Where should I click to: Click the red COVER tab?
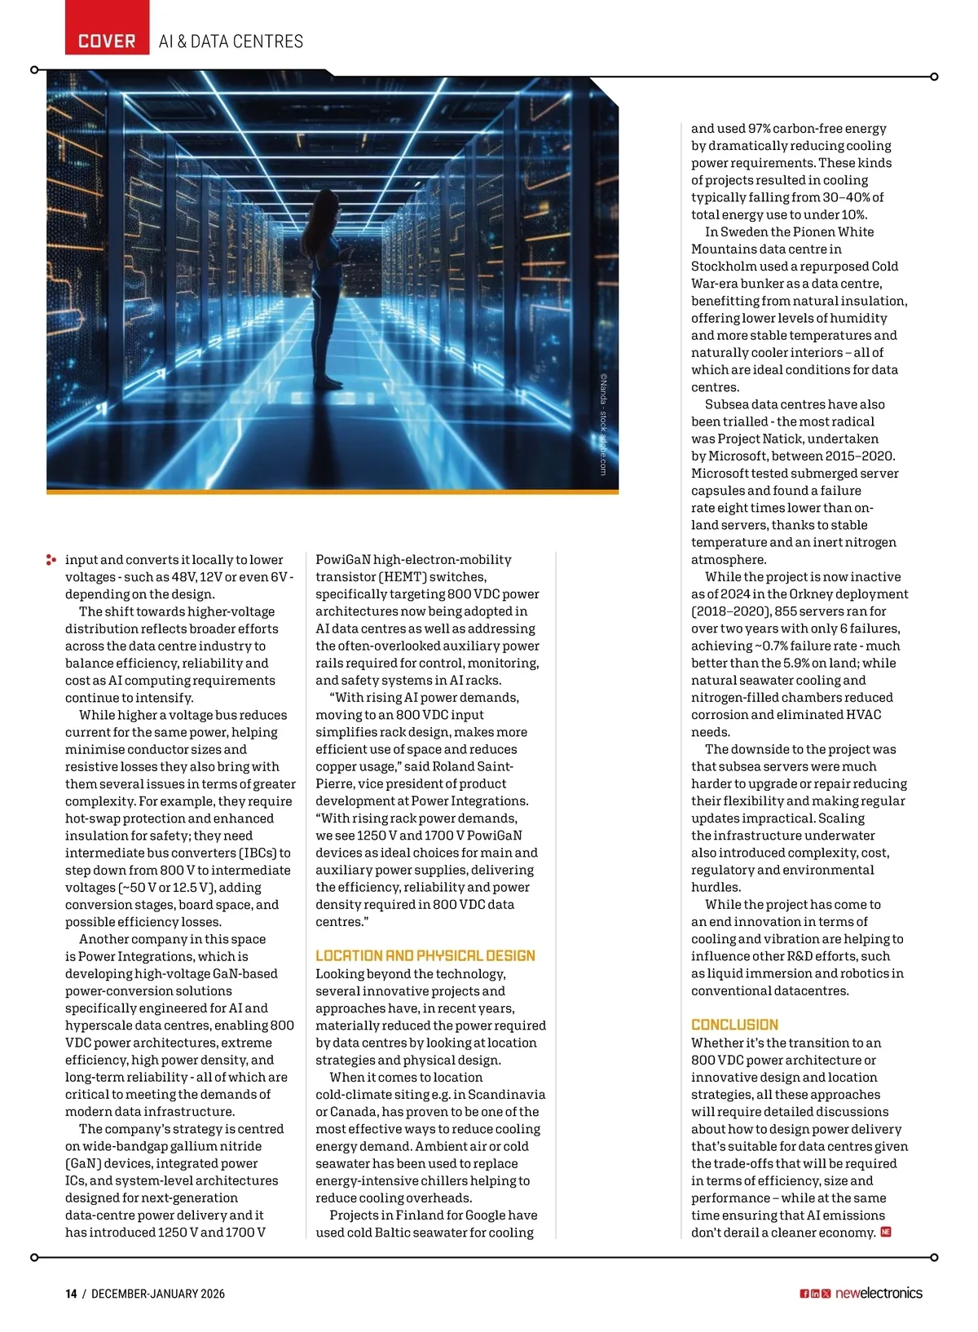tap(107, 41)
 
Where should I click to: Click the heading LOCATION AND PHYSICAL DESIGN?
tap(425, 955)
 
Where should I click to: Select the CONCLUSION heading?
tap(734, 1025)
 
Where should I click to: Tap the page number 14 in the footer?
tap(72, 1294)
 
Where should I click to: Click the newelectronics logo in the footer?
tap(879, 1294)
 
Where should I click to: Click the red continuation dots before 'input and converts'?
tap(51, 560)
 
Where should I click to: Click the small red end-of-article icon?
tap(886, 1232)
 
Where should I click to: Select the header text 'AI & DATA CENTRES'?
tap(231, 42)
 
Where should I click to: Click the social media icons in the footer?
tap(815, 1294)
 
